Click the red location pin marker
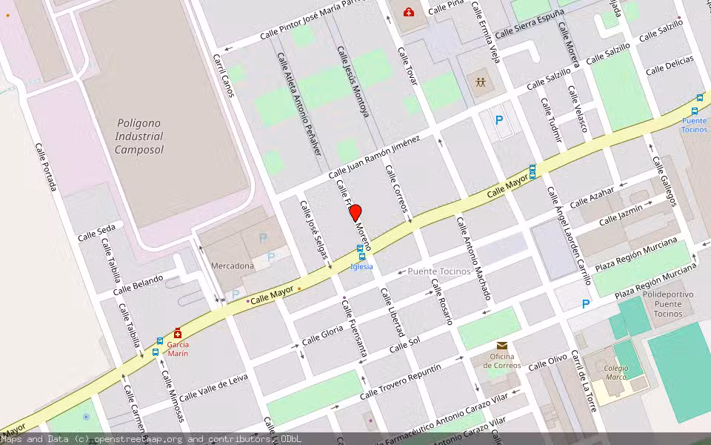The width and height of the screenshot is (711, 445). click(x=355, y=212)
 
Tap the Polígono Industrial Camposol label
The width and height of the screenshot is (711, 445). click(x=139, y=136)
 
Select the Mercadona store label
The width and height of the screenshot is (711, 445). click(x=233, y=266)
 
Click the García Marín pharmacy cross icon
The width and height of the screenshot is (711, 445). click(x=178, y=334)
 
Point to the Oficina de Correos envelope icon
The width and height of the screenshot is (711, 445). click(x=502, y=346)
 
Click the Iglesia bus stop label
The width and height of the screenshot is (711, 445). click(x=361, y=266)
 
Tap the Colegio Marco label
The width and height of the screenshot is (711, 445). click(x=615, y=372)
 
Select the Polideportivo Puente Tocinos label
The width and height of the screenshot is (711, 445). click(x=668, y=304)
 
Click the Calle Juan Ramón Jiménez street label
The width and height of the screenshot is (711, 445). click(x=374, y=156)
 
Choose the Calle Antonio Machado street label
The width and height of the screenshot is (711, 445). click(x=473, y=258)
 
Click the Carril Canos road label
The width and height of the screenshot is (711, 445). click(x=224, y=75)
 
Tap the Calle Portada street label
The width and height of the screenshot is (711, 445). click(x=46, y=166)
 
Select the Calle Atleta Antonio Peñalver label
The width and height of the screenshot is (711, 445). click(x=298, y=103)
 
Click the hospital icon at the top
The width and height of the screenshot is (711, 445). click(x=408, y=11)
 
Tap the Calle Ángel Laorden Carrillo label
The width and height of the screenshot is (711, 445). click(x=569, y=235)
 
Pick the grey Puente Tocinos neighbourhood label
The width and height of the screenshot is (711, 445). click(x=439, y=271)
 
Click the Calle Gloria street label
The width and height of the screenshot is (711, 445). click(x=323, y=335)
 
